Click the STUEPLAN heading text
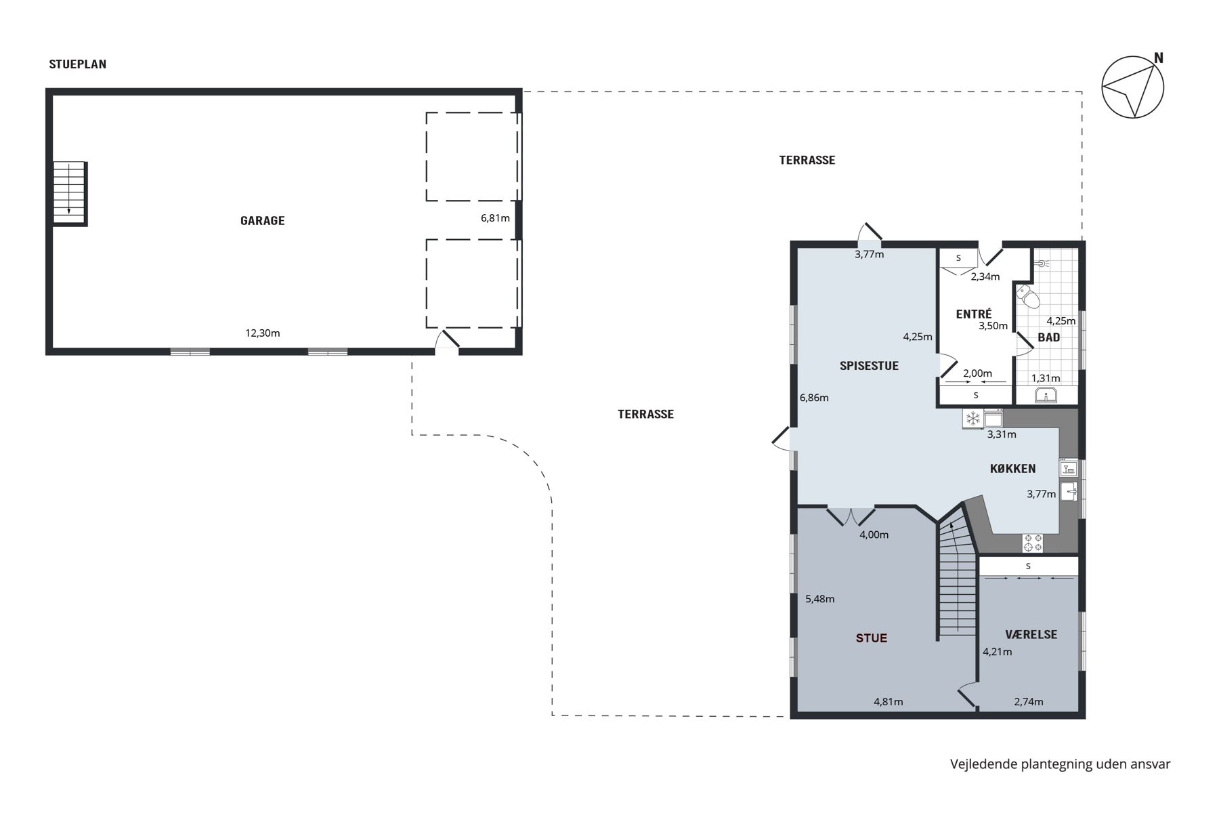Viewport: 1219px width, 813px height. click(78, 64)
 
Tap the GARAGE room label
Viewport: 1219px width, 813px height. click(263, 220)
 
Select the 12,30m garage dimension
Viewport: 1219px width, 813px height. click(263, 333)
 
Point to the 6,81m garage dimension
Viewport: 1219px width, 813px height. click(495, 218)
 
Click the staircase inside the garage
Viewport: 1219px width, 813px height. click(70, 193)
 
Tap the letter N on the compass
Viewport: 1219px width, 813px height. click(1159, 58)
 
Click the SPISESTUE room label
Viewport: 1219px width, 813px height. click(869, 366)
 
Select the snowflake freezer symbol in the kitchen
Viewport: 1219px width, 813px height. click(973, 419)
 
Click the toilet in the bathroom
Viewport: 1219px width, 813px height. click(1027, 296)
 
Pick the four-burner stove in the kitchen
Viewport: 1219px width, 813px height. click(1033, 543)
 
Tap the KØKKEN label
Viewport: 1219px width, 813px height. click(1013, 469)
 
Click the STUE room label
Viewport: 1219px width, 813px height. click(872, 638)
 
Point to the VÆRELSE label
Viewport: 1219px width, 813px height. click(1031, 635)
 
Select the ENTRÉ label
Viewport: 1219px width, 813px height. click(974, 314)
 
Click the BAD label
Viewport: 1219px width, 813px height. click(1049, 337)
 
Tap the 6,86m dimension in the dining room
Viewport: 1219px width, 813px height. click(814, 398)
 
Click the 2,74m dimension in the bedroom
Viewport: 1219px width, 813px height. click(1029, 702)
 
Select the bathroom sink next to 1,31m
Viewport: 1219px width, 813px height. click(1046, 396)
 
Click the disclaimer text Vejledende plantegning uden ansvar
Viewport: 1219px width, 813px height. click(1060, 764)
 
